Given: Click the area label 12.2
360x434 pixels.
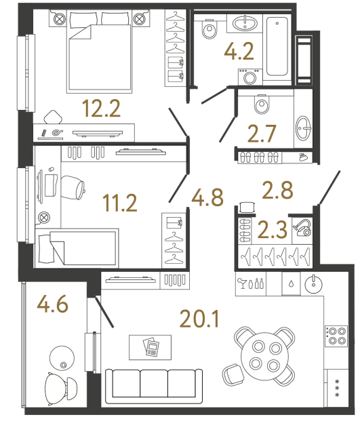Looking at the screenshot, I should [x=101, y=107].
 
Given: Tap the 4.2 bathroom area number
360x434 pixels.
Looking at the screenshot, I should [x=240, y=51].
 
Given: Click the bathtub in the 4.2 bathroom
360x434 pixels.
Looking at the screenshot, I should [x=279, y=47].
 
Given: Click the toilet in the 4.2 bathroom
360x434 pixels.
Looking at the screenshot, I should [x=208, y=29].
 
